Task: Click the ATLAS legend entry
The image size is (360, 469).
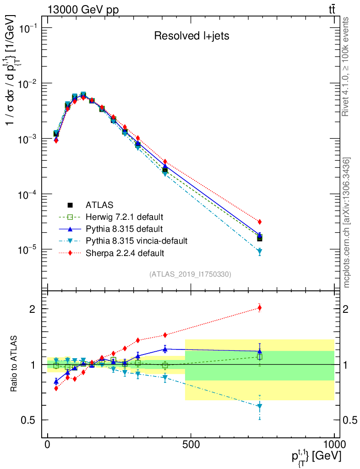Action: coord(99,205)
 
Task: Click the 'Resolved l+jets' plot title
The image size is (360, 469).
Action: coord(191,36)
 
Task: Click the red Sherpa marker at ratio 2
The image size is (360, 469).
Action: coord(260,308)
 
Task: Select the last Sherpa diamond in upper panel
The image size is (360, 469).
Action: coord(260,222)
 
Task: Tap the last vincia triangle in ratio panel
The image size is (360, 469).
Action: coord(260,406)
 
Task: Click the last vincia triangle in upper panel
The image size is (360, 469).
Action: coord(260,251)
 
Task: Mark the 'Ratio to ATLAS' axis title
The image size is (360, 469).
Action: coord(14,364)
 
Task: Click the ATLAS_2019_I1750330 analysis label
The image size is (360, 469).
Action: coord(190,274)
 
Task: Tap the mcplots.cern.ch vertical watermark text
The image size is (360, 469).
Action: coord(347,223)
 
